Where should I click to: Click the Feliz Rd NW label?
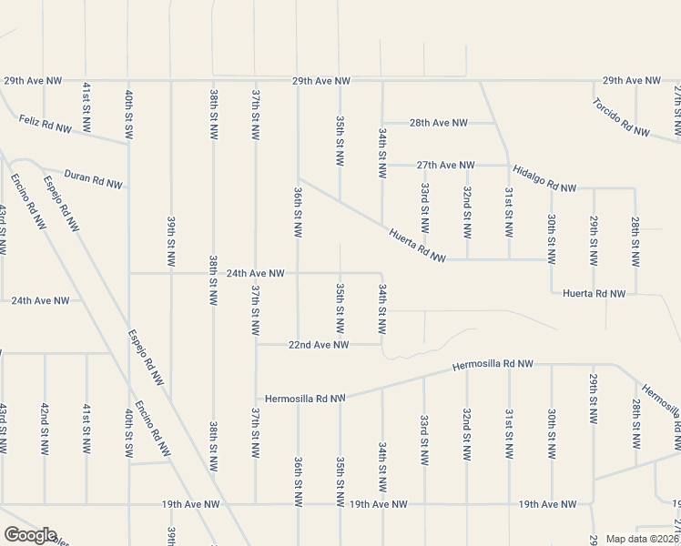(45, 124)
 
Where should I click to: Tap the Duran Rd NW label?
(94, 178)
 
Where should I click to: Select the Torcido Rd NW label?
(620, 116)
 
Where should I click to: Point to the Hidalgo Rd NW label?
(544, 179)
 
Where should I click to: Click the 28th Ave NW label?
(438, 123)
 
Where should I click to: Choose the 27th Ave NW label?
(445, 165)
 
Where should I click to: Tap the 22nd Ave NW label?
(319, 345)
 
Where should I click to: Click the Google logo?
(30, 535)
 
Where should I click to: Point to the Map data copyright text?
(642, 539)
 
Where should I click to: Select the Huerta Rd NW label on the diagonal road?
(416, 247)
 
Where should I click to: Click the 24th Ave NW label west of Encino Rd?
(40, 299)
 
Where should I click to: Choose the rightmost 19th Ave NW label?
(546, 504)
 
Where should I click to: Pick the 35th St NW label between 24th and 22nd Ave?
(340, 308)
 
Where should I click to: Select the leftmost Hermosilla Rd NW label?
(306, 399)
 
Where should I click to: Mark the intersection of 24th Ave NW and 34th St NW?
(382, 273)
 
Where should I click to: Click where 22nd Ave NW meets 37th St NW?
(256, 345)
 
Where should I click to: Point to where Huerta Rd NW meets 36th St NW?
(299, 178)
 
